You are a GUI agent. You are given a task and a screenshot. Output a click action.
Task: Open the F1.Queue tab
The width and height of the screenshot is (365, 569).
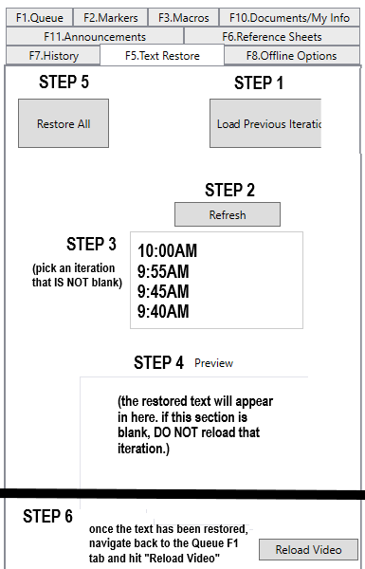39,17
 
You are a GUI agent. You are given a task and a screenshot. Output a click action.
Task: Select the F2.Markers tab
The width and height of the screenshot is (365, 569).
111,17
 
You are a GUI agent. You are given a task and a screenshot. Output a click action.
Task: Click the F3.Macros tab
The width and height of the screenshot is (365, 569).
184,17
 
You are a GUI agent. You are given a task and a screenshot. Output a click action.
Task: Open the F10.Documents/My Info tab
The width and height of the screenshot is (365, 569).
289,17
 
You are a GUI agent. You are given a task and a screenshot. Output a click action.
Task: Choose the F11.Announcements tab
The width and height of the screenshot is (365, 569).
95,37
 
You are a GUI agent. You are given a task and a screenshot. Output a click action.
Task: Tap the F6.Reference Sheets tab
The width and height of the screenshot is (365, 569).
272,37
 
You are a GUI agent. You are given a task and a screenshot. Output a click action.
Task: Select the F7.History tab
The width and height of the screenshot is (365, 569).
53,56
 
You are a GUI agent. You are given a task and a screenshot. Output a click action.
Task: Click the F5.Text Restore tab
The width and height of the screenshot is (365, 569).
162,56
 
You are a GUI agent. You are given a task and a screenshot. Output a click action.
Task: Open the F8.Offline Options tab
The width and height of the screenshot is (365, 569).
291,56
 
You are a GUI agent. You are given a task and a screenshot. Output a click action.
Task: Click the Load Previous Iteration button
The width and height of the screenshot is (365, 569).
265,123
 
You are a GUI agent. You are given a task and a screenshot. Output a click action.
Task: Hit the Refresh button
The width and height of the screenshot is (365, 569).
228,214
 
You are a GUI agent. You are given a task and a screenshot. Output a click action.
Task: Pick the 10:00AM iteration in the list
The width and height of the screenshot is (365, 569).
167,250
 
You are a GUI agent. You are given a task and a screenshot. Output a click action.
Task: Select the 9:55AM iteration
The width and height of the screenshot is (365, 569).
163,271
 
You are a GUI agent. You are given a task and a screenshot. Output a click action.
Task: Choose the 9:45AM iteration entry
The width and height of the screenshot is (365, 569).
163,291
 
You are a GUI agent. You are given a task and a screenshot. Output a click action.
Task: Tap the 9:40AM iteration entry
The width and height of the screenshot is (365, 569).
163,311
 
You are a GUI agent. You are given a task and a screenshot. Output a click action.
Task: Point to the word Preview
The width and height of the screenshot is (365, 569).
213,363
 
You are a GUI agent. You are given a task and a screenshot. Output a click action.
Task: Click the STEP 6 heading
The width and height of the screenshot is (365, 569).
48,516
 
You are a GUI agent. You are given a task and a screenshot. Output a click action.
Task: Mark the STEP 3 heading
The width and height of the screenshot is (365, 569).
91,244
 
